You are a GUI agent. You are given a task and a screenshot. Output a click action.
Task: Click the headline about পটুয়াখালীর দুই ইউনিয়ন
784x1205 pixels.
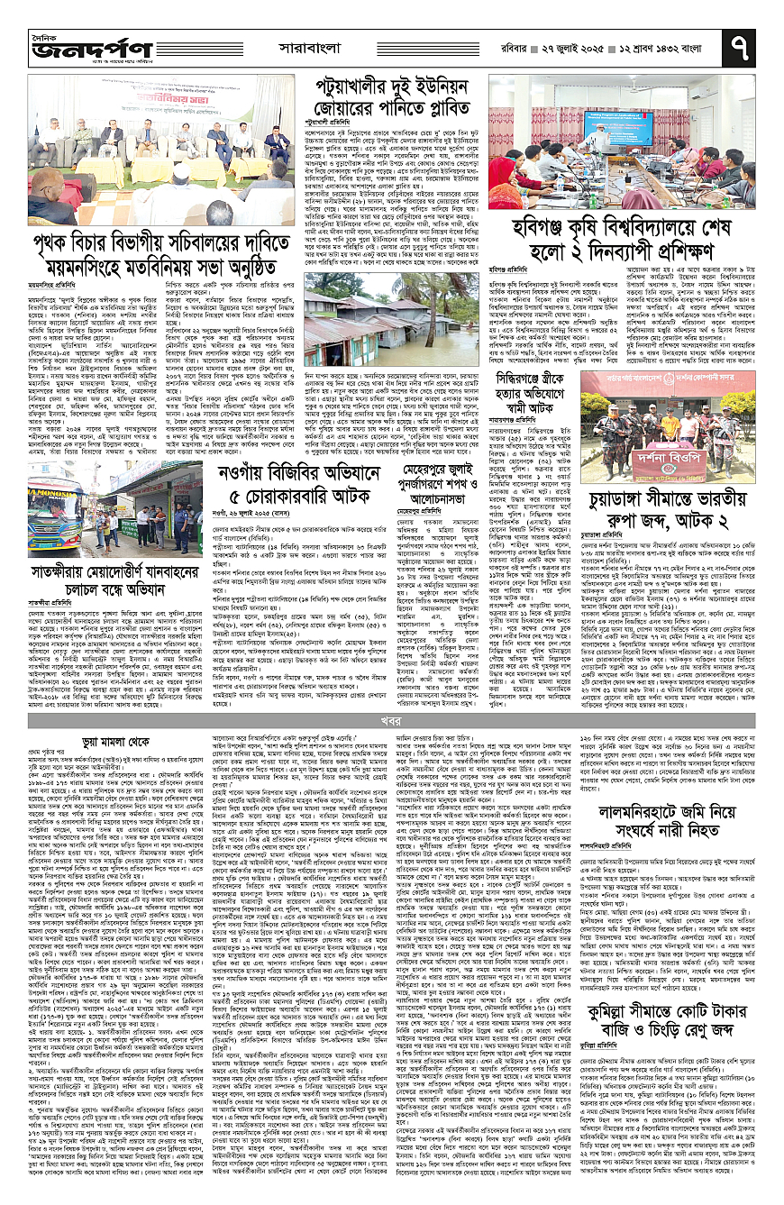[x=395, y=96]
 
